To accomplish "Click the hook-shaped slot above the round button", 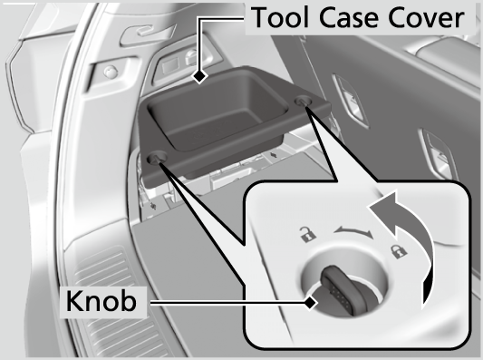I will [x=136, y=34].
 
